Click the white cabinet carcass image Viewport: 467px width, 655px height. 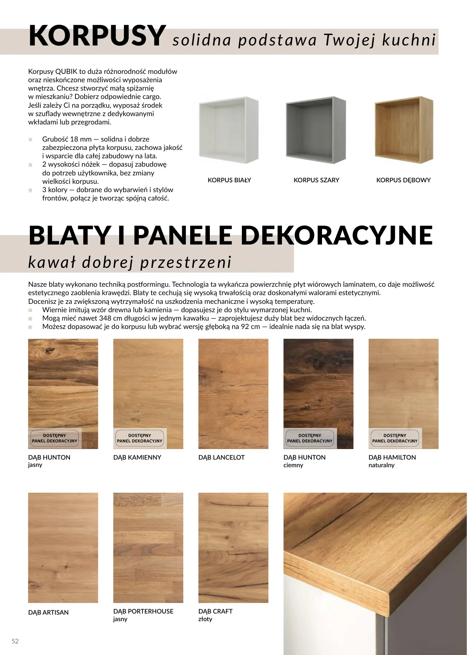click(x=229, y=130)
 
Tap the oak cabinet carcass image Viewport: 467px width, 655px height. click(x=404, y=130)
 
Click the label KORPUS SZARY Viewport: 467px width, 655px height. click(x=316, y=180)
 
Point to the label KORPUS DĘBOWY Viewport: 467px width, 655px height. click(x=403, y=180)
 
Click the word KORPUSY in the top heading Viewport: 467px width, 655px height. click(x=97, y=36)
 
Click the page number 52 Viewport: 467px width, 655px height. click(x=15, y=641)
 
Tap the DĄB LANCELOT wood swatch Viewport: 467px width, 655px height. click(x=233, y=393)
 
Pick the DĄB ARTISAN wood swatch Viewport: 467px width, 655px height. click(x=63, y=548)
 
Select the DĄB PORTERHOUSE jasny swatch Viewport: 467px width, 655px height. click(x=148, y=548)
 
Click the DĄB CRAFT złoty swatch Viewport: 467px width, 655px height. click(x=233, y=548)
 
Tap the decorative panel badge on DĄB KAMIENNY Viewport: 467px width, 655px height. click(x=140, y=438)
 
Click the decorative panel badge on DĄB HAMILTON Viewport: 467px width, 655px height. click(x=395, y=438)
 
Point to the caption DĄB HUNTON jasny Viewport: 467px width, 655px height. click(x=49, y=461)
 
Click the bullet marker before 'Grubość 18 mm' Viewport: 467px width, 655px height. click(x=31, y=139)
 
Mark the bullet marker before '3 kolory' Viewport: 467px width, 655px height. click(x=31, y=190)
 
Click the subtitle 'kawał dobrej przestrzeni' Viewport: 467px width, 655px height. click(x=130, y=262)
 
